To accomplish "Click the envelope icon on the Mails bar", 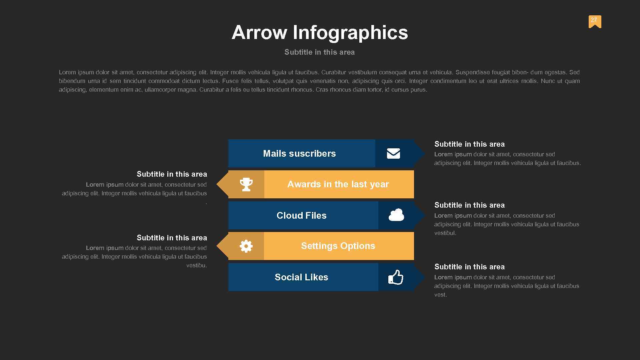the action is [x=393, y=153].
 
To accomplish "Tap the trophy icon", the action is [x=246, y=184].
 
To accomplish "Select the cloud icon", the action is [x=396, y=215].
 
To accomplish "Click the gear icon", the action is [x=246, y=246].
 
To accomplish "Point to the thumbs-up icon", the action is [x=396, y=277].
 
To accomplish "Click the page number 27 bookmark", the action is [x=595, y=21].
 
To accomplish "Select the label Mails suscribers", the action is [x=299, y=153].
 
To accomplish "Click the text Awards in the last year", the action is [x=338, y=184].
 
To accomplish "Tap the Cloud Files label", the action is [x=301, y=215].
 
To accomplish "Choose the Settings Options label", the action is [x=338, y=246].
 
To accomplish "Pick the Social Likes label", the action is [x=301, y=277].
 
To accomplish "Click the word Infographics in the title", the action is [x=350, y=33].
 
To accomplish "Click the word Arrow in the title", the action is [x=259, y=33].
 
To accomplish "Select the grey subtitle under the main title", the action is [x=319, y=52].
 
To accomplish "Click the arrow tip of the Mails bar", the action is [x=420, y=153].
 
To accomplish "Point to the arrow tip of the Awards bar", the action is [x=222, y=184].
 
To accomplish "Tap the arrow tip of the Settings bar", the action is [x=222, y=246].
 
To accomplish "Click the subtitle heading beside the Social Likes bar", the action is [x=469, y=267].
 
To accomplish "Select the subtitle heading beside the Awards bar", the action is [x=172, y=174].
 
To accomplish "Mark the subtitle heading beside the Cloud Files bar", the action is [x=469, y=205].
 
